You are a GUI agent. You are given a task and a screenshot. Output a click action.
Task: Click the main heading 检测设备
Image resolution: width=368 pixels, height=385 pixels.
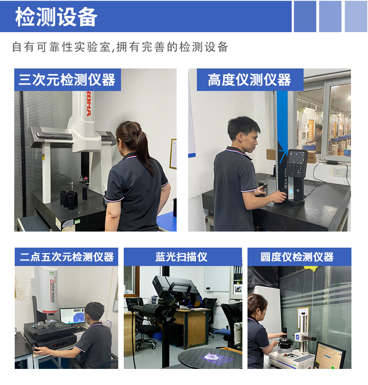pos(56,17)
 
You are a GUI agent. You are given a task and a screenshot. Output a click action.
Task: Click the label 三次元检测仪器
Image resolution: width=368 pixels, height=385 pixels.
pos(67,80)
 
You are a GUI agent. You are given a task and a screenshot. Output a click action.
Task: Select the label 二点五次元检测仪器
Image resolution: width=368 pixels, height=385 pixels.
pos(66,257)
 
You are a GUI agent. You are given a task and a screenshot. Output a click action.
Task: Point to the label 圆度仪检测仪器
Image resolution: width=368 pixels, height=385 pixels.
pos(297,257)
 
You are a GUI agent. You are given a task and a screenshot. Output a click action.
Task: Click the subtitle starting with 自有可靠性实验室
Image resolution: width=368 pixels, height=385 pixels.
pos(120,47)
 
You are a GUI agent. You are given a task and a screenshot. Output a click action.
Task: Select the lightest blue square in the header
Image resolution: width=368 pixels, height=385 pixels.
pos(356,17)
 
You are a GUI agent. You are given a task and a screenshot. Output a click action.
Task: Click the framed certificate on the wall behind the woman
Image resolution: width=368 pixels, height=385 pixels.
pos(173,154)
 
